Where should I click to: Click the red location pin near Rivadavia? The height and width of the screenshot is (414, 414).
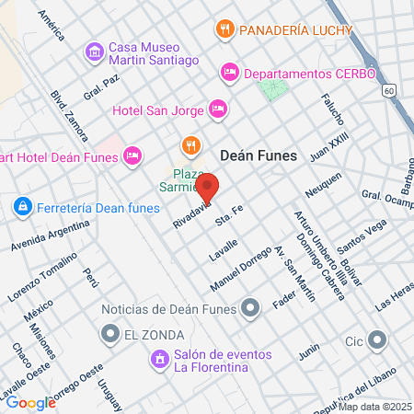pos(208,187)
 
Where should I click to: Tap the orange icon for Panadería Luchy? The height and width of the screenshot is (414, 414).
pos(224,29)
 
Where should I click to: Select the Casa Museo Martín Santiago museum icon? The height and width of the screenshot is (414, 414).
pos(94,52)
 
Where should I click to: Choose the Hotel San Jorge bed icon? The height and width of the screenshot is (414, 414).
pos(218,109)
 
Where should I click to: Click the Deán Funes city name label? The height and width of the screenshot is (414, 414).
pos(259,155)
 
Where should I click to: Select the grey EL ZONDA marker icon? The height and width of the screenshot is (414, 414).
pos(111,333)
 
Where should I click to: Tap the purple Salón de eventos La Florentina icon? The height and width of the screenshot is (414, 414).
pos(160,358)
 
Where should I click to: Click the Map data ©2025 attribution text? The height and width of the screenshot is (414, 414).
pos(374,407)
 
